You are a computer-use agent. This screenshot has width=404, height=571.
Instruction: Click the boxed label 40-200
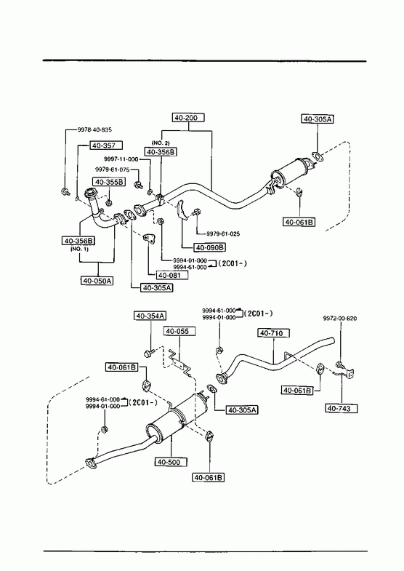[x=188, y=118]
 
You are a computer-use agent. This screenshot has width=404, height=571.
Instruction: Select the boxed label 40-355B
[x=110, y=181]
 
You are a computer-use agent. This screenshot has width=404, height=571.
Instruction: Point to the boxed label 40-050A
[x=97, y=281]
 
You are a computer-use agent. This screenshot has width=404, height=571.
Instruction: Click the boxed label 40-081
[x=172, y=275]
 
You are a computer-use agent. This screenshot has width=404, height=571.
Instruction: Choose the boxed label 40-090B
[x=210, y=247]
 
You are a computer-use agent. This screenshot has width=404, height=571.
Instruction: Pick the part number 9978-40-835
[x=94, y=129]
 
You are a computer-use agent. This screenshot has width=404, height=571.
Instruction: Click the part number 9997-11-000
[x=121, y=159]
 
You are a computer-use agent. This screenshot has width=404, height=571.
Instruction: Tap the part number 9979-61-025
[x=223, y=233]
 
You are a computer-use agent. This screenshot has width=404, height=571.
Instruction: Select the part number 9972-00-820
[x=340, y=319]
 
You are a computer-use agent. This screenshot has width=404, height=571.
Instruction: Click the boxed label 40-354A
[x=150, y=316]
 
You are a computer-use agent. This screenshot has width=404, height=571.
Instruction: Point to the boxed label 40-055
[x=179, y=331]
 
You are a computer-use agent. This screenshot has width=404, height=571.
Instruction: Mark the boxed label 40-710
[x=274, y=333]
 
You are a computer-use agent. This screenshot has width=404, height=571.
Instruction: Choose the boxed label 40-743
[x=342, y=408]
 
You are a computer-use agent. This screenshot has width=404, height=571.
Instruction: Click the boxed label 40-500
[x=171, y=462]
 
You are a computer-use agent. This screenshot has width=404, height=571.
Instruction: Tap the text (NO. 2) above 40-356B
[x=161, y=143]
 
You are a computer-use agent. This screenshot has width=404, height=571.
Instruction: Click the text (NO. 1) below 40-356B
[x=79, y=249]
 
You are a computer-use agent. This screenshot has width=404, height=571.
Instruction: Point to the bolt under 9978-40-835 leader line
[x=65, y=191]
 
